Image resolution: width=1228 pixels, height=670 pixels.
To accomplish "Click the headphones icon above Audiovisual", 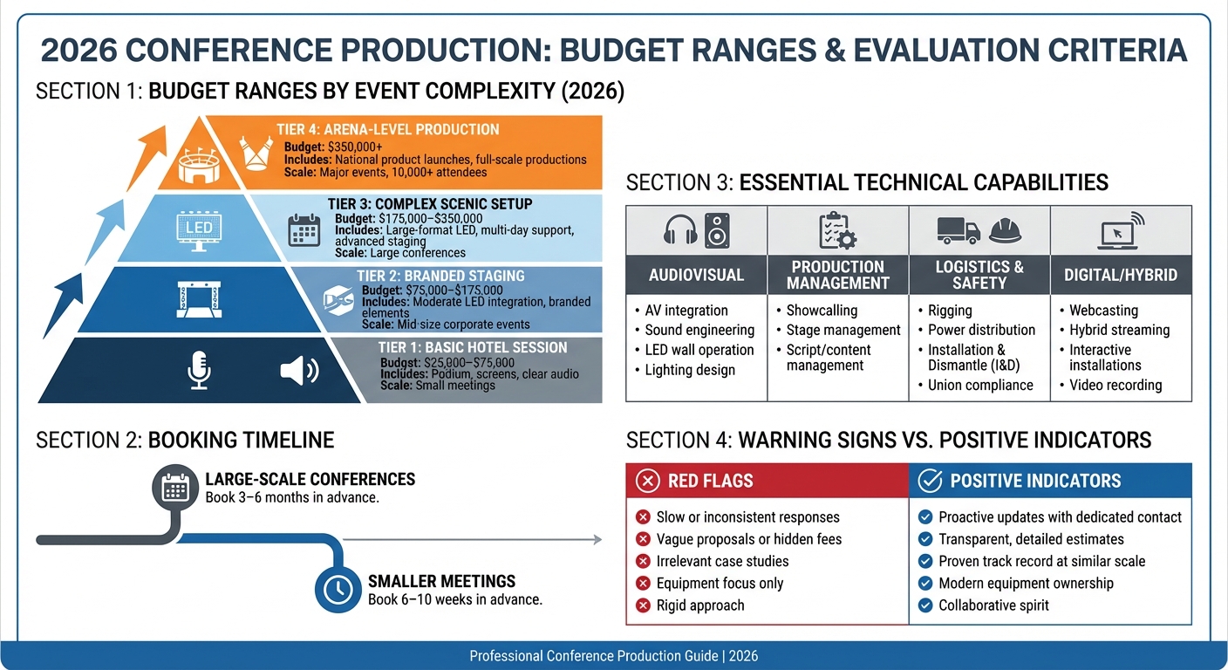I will pyautogui.click(x=680, y=230).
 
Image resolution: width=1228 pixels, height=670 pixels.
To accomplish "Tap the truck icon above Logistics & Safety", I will pyautogui.click(x=959, y=230).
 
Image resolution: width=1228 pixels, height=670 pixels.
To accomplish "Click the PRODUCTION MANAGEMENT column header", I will pyautogui.click(x=837, y=275).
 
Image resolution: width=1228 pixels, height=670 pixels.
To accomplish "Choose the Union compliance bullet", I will pyautogui.click(x=979, y=385).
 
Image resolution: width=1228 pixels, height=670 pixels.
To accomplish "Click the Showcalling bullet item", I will pyautogui.click(x=822, y=311).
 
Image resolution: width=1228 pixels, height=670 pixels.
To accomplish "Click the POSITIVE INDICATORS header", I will pyautogui.click(x=1035, y=481).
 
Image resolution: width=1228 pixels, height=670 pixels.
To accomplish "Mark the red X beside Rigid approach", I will pyautogui.click(x=644, y=605).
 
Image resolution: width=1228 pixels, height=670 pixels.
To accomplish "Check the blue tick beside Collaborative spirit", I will pyautogui.click(x=924, y=605).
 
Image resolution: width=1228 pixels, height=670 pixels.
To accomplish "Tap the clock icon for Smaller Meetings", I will pyautogui.click(x=337, y=590).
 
